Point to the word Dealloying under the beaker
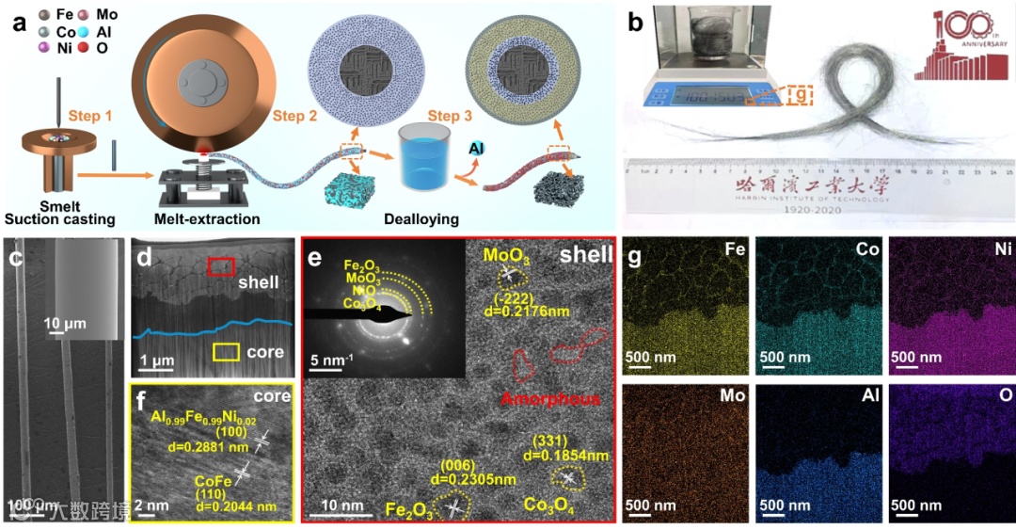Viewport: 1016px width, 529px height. coord(421,219)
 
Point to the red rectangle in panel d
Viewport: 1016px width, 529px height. coord(221,267)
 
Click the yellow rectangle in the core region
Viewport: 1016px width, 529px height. coord(225,352)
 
